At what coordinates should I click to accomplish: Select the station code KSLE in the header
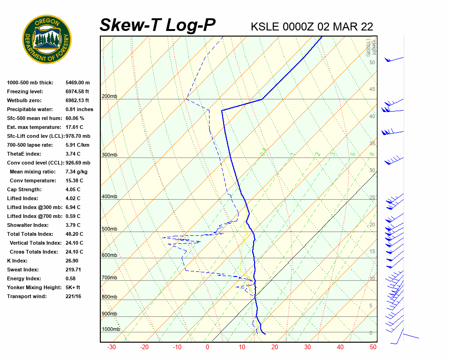tap(266, 27)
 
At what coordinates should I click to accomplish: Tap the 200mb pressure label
tap(109, 97)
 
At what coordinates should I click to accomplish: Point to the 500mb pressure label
tap(109, 229)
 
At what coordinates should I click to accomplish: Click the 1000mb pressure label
tap(111, 329)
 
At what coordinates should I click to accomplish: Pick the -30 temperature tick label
tap(112, 347)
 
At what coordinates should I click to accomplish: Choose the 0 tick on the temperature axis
tap(207, 347)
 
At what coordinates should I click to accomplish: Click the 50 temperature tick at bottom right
tap(373, 347)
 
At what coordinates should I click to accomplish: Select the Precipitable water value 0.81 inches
tap(79, 109)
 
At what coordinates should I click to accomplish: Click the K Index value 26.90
tap(72, 261)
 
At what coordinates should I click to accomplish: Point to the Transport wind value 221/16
tap(74, 296)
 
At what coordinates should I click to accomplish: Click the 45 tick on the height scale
tap(372, 90)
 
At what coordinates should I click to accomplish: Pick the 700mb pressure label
tap(109, 278)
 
